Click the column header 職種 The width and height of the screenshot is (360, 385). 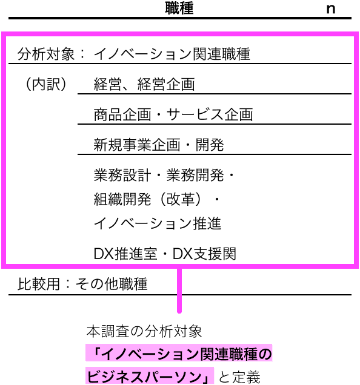click(x=179, y=8)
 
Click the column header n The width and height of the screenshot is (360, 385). click(x=331, y=9)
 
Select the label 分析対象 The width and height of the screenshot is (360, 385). click(x=45, y=54)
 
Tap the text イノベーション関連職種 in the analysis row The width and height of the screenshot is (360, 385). click(x=172, y=54)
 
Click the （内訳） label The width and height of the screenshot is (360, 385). click(x=46, y=84)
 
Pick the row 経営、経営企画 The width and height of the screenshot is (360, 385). click(x=144, y=84)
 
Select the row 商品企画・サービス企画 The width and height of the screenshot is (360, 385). click(x=173, y=114)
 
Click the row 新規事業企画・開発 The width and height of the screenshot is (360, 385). click(x=159, y=145)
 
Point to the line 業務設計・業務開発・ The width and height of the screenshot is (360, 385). click(x=164, y=175)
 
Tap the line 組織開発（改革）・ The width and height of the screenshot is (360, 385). click(x=156, y=199)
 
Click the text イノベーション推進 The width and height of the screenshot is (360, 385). click(x=158, y=223)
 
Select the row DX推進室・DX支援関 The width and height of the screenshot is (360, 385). click(x=165, y=254)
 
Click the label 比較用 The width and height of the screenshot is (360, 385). click(x=39, y=284)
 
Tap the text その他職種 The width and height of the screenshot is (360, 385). click(x=112, y=284)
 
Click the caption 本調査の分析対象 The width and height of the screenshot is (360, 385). click(x=144, y=331)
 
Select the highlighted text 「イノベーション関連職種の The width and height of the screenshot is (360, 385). click(x=179, y=354)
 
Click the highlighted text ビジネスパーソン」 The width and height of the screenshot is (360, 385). click(x=150, y=376)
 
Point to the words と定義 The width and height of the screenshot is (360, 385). click(x=239, y=377)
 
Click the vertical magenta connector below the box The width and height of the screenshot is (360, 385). click(x=179, y=291)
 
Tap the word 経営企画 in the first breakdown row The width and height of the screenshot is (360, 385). click(x=166, y=84)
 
